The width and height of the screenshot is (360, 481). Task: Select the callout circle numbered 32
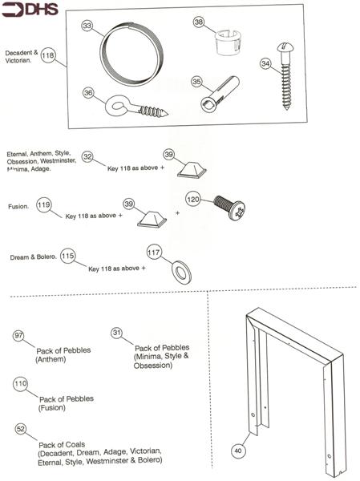tap(87, 157)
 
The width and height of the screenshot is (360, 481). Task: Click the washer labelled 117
tap(181, 270)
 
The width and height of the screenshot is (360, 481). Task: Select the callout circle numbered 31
tap(117, 333)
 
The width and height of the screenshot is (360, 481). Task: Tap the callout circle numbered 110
tap(21, 384)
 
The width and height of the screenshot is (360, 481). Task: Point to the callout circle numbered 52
tap(20, 430)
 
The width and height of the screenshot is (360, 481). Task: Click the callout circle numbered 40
tap(237, 451)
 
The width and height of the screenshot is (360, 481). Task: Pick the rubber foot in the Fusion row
tap(152, 217)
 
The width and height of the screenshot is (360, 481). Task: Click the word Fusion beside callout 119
tap(18, 206)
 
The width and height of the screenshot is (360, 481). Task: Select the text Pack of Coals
tap(62, 444)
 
